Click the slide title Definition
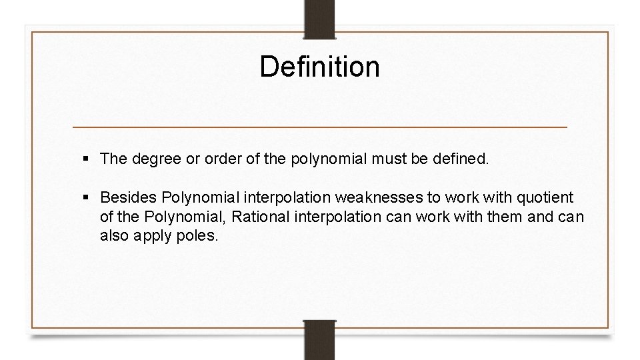coord(319,67)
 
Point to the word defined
coord(465,159)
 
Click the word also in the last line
coord(115,235)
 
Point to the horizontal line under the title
coord(319,127)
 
